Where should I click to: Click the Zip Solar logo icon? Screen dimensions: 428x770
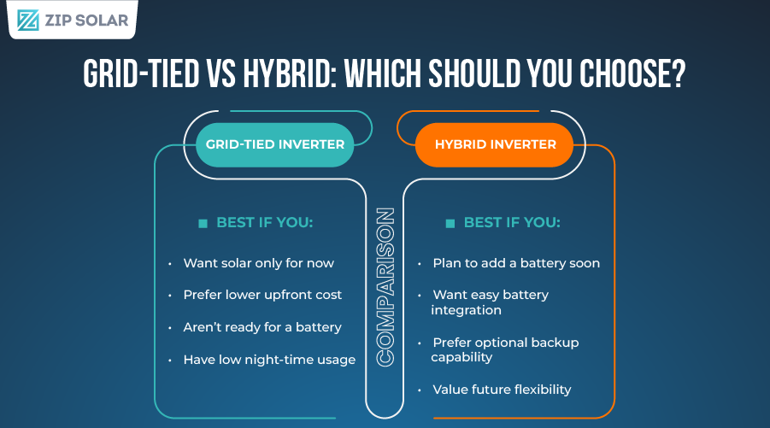(28, 21)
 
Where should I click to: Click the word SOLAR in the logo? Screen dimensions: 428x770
(100, 21)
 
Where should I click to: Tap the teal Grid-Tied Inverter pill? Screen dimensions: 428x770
(274, 144)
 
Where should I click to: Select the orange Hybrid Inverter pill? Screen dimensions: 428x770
(496, 144)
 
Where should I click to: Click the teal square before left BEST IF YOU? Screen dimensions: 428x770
(203, 223)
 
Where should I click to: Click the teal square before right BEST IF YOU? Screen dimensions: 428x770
(450, 223)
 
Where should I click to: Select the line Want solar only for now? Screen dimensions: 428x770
(258, 263)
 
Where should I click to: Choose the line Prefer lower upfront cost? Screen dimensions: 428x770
(262, 295)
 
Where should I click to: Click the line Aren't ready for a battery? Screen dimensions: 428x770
(262, 327)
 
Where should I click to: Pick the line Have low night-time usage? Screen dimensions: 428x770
(269, 360)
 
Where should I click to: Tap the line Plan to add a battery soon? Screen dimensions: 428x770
(516, 263)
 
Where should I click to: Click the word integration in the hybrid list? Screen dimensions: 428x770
(466, 310)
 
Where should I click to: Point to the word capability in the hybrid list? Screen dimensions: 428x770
(461, 357)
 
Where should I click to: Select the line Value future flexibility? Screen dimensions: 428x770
(502, 390)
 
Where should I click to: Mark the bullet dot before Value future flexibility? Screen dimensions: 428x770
(420, 390)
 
